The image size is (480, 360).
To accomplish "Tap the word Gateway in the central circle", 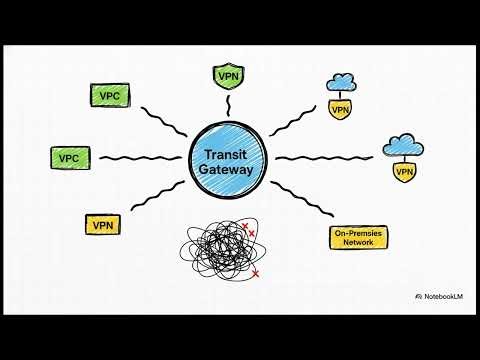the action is pyautogui.click(x=229, y=171).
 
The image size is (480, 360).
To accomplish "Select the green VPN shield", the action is pyautogui.click(x=228, y=75).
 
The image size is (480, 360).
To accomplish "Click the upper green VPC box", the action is pyautogui.click(x=108, y=96).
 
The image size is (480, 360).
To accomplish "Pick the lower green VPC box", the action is pyautogui.click(x=69, y=158).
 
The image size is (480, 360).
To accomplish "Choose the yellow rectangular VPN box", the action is pyautogui.click(x=103, y=225).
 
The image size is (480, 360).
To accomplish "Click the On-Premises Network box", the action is pyautogui.click(x=358, y=237).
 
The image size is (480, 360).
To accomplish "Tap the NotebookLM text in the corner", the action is pyautogui.click(x=442, y=297).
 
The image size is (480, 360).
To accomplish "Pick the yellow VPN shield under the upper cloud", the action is pyautogui.click(x=341, y=109).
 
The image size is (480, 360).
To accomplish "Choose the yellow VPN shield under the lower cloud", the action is pyautogui.click(x=404, y=172).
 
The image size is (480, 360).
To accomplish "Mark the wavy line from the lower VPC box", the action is pyautogui.click(x=140, y=158).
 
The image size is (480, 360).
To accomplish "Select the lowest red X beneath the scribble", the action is pyautogui.click(x=256, y=273).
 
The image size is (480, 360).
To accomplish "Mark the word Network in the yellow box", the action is pyautogui.click(x=358, y=242).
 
